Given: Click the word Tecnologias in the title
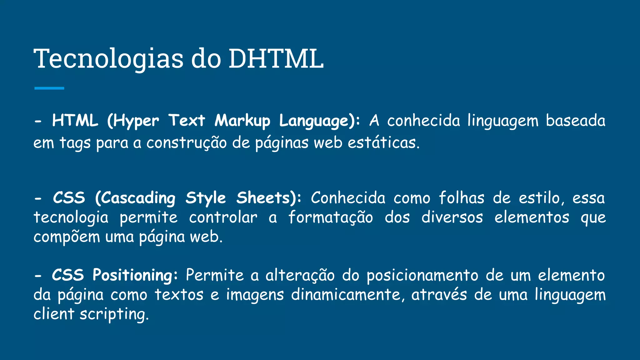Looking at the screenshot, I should point(108,59).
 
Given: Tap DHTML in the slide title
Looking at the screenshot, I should point(276,59).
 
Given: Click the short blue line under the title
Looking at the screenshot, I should point(49,88).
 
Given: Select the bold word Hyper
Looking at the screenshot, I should point(133,121).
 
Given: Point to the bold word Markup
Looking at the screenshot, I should point(242,121).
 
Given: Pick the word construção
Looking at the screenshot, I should point(187,143).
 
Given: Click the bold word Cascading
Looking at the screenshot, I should point(135,198).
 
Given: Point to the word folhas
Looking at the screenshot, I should point(462,198).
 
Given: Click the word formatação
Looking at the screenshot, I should point(331,217).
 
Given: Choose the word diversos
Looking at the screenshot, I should point(452,217).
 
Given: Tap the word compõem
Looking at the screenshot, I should point(67,237).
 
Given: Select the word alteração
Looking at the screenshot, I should point(300,275).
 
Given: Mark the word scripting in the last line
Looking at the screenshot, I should point(114,314).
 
